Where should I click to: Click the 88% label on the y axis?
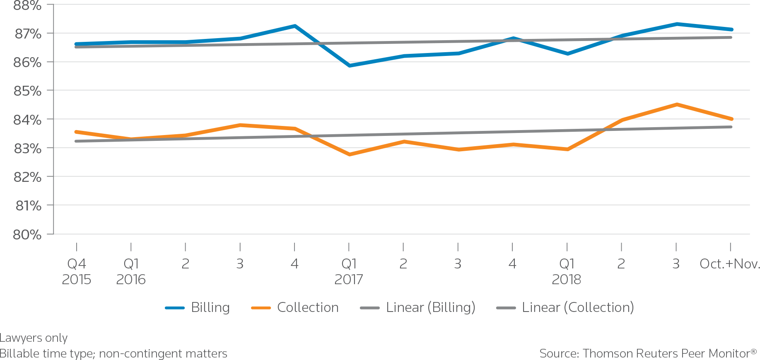click(27, 6)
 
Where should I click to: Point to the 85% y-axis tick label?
click(27, 91)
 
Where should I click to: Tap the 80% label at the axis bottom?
click(27, 234)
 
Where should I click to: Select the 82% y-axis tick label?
click(27, 177)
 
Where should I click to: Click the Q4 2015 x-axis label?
click(77, 271)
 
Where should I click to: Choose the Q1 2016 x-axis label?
click(131, 271)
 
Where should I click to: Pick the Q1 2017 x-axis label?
click(349, 271)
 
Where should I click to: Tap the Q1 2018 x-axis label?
click(567, 271)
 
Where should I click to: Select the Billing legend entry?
click(210, 307)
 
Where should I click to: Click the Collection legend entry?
click(307, 307)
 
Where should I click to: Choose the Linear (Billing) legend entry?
click(430, 307)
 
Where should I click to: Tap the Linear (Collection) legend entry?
click(578, 307)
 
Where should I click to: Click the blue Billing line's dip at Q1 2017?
click(349, 65)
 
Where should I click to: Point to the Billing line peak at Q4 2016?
click(294, 26)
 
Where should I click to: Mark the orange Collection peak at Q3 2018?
click(676, 104)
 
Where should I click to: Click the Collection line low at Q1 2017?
click(349, 154)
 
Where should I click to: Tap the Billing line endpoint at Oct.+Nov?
click(731, 29)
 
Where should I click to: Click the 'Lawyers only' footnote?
click(34, 338)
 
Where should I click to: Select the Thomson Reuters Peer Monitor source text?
click(648, 353)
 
